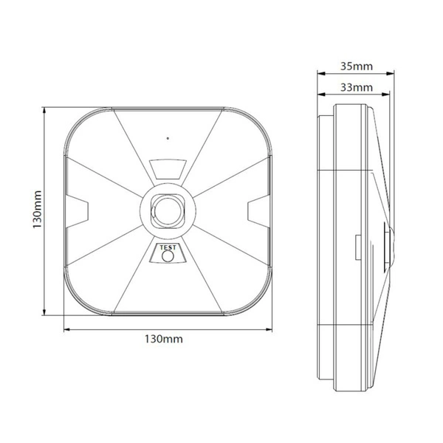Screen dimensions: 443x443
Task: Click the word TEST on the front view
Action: pyautogui.click(x=168, y=249)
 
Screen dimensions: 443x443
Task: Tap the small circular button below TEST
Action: pyautogui.click(x=168, y=257)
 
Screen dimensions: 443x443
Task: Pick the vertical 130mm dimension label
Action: pyautogui.click(x=38, y=213)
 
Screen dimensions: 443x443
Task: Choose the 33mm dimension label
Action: pyautogui.click(x=355, y=88)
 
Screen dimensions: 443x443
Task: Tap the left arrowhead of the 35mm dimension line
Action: pyautogui.click(x=320, y=74)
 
